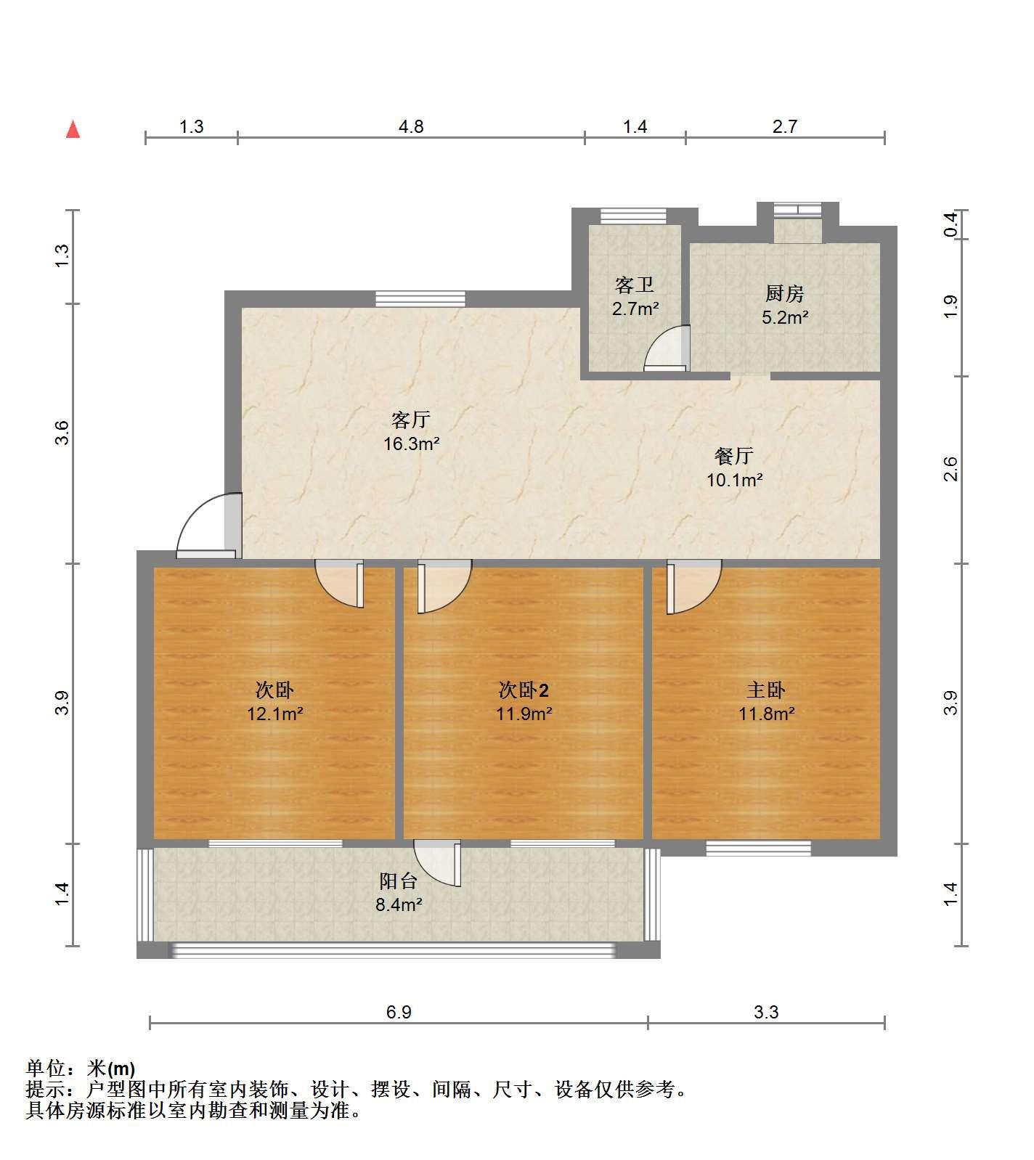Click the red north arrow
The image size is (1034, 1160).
(73, 129)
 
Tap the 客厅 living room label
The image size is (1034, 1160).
(411, 420)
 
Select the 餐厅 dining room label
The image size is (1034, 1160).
(734, 456)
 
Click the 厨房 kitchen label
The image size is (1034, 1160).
(785, 294)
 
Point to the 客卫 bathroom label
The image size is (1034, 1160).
(635, 285)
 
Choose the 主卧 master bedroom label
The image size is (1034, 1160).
(766, 690)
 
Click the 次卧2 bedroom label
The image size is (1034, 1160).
(524, 690)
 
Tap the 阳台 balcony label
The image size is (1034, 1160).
(399, 881)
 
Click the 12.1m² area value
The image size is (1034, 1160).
(274, 714)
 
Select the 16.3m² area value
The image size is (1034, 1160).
(412, 444)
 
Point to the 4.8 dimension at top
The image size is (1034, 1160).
(411, 127)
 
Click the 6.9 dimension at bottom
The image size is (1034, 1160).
(399, 1012)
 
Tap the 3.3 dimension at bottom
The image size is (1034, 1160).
(766, 1012)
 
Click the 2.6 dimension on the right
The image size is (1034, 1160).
(951, 469)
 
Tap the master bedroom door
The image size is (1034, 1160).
(694, 587)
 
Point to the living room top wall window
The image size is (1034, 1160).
(420, 299)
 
